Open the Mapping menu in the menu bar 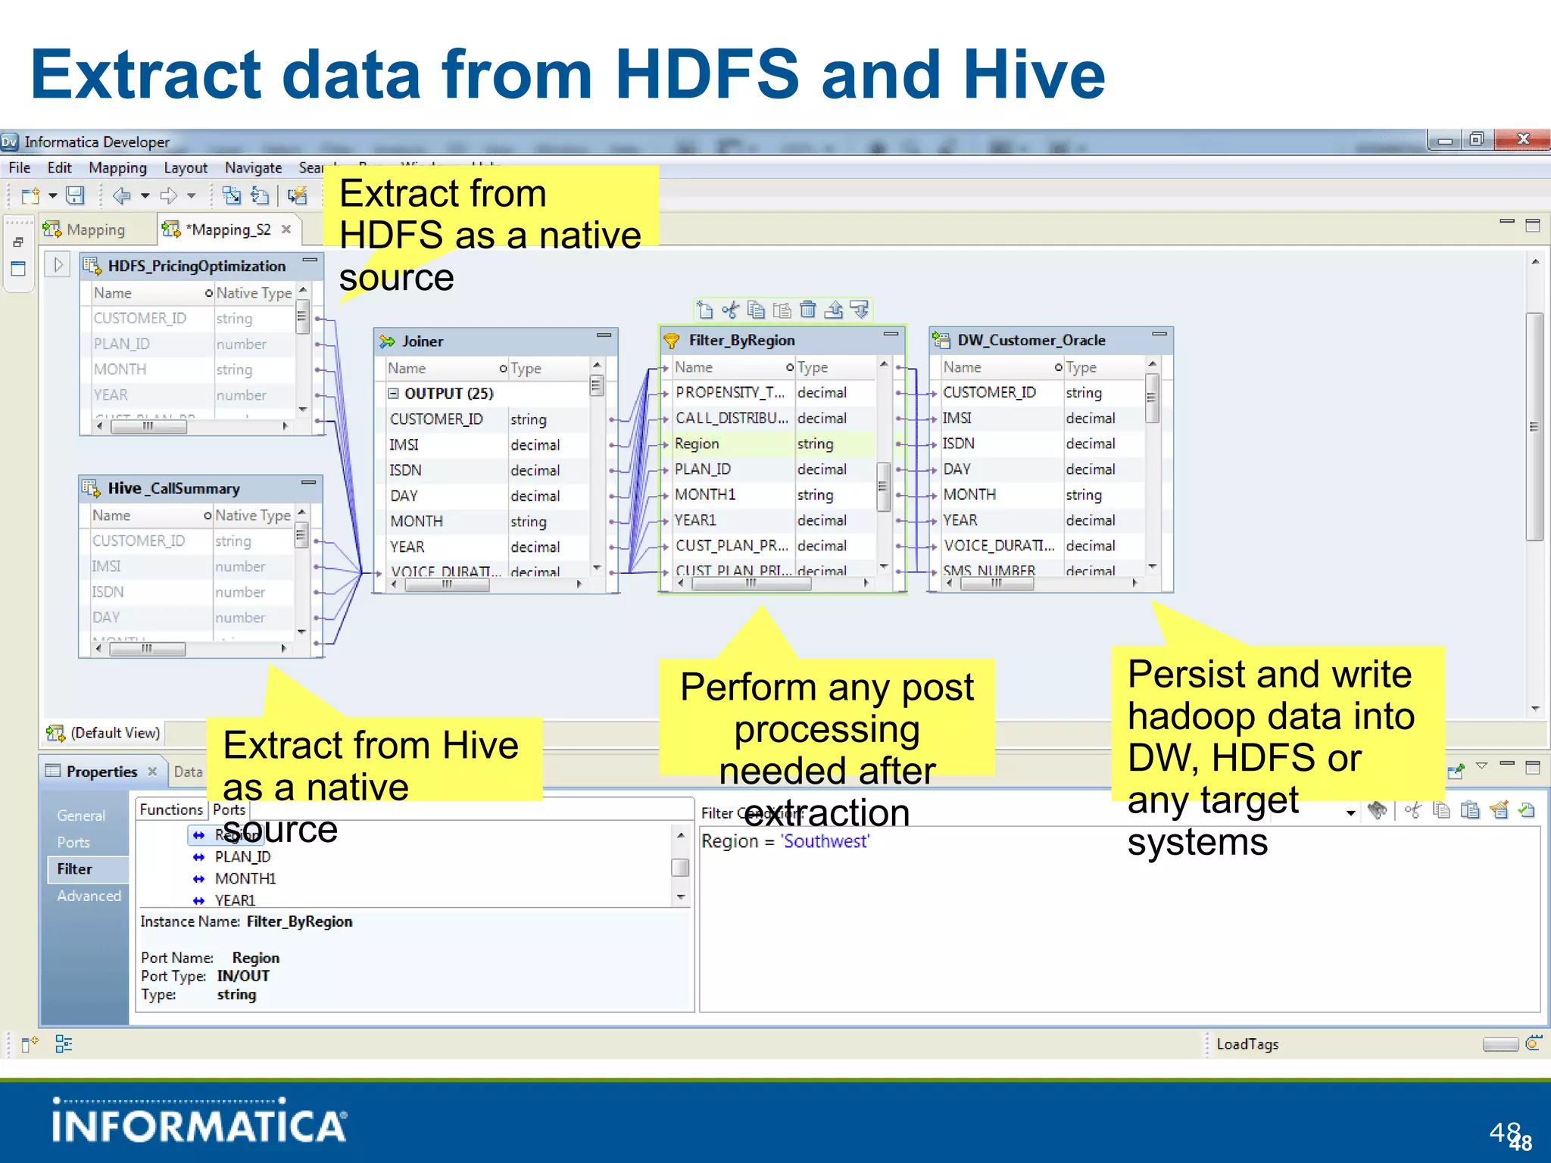[117, 167]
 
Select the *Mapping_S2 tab [228, 229]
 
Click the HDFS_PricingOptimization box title [196, 266]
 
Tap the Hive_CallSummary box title [173, 488]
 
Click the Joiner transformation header [423, 341]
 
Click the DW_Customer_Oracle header [1031, 341]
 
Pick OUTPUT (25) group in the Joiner [448, 394]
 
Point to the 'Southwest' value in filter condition [825, 841]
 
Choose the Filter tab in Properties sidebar [74, 869]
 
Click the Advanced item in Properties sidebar [89, 896]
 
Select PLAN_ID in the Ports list [242, 857]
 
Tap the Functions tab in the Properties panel [171, 809]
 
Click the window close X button [1523, 139]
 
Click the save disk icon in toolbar [75, 195]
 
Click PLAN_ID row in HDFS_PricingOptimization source [122, 344]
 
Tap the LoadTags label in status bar [1247, 1044]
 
